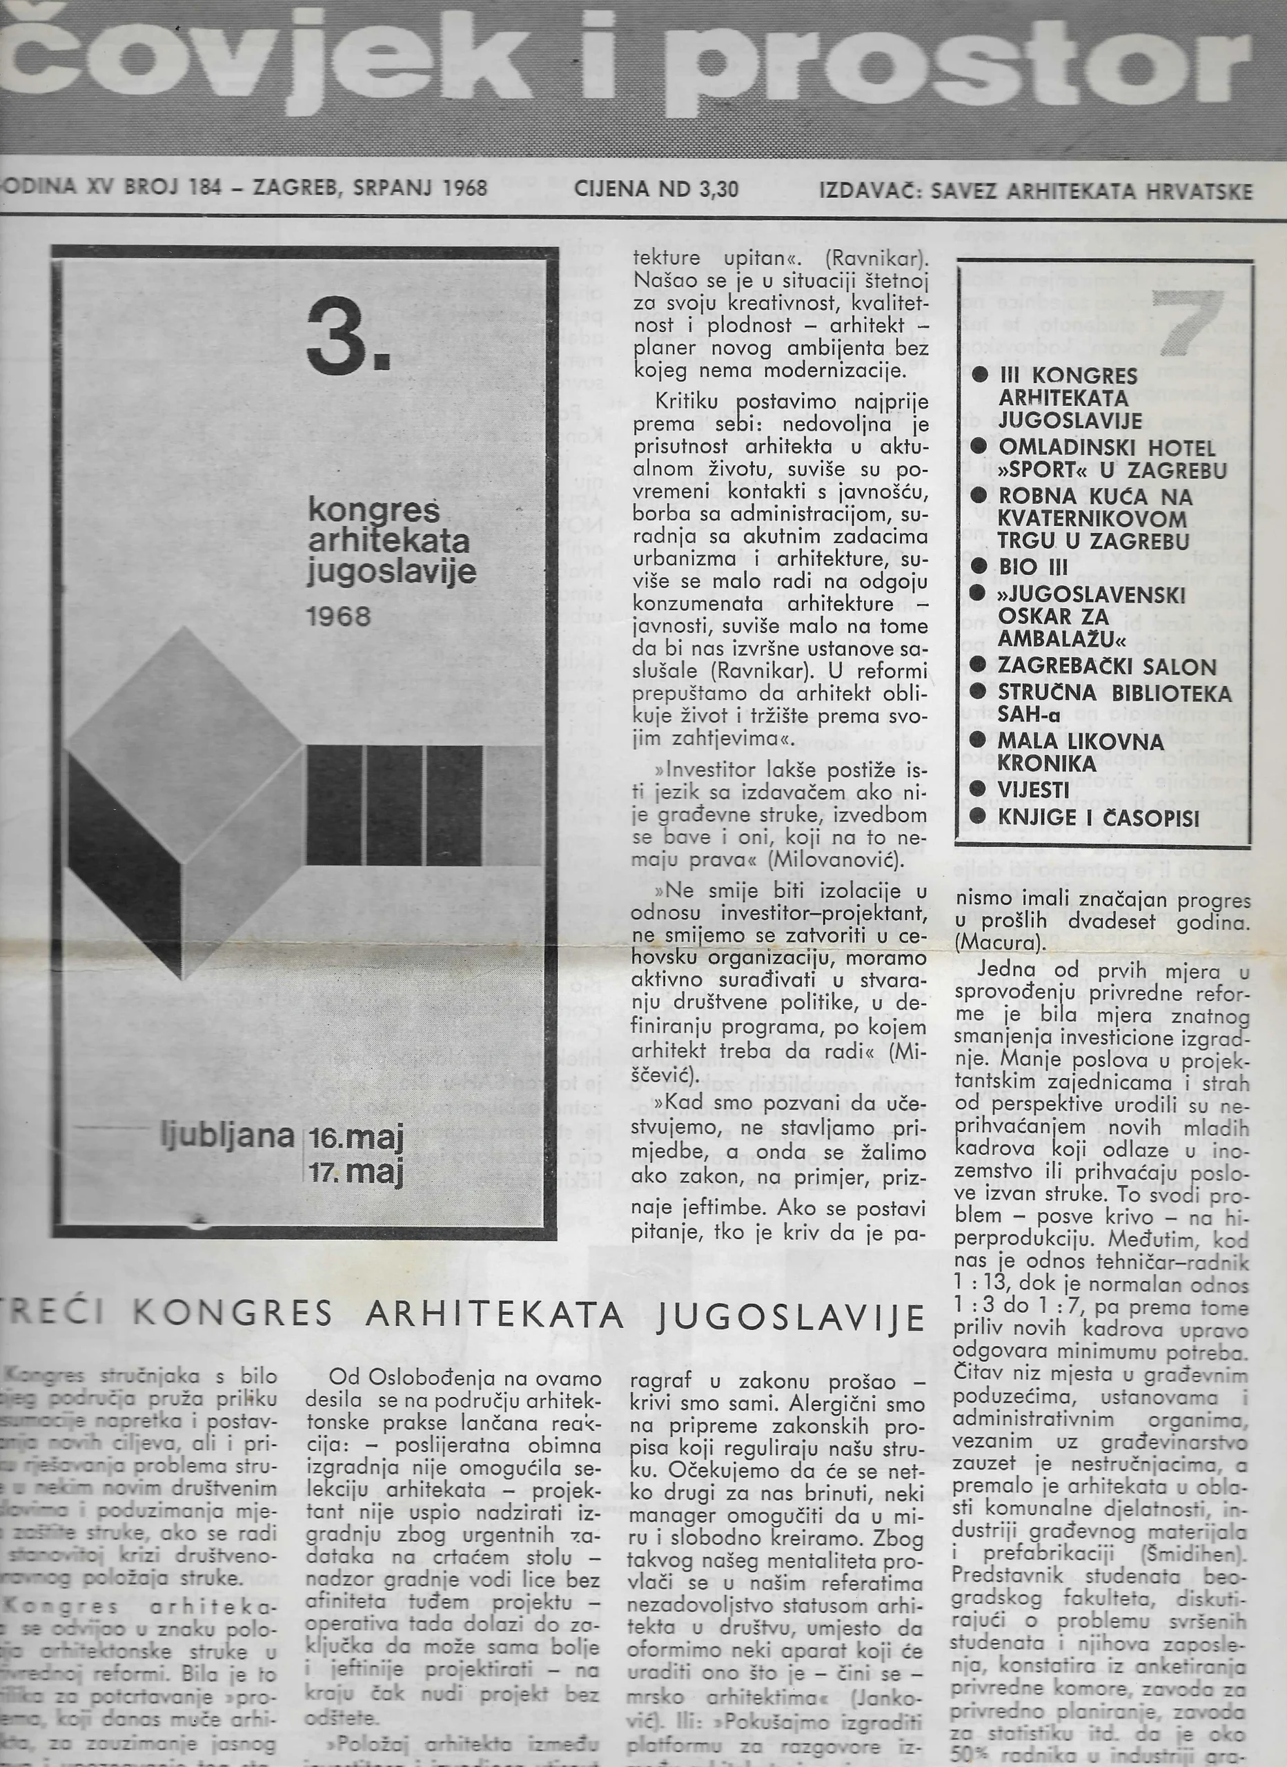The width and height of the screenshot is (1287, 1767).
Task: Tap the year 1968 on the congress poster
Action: [339, 616]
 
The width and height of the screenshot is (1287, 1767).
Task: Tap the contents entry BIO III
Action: [1033, 567]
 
